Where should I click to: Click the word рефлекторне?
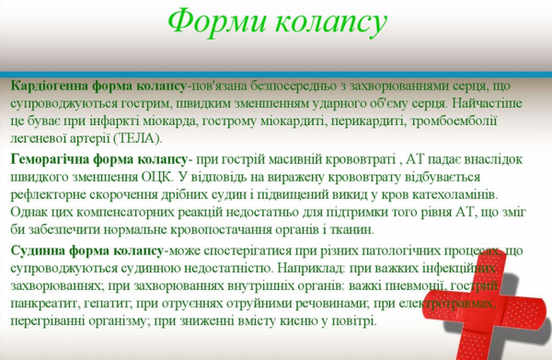[x=48, y=195]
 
